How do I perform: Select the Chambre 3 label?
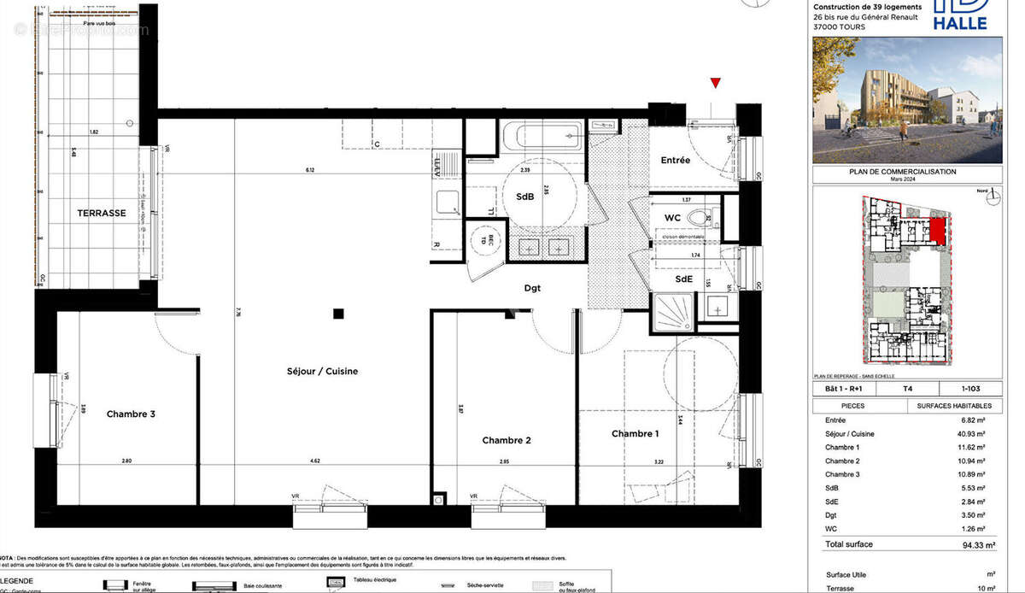tap(131, 414)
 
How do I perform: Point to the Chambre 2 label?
tap(507, 440)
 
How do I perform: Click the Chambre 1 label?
tap(635, 434)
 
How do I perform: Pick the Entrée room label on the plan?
tap(675, 160)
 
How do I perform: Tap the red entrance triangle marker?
tap(716, 83)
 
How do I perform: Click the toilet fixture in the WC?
tap(700, 216)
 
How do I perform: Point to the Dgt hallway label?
tap(533, 288)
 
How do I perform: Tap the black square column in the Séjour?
tap(339, 313)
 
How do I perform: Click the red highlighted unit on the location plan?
tap(937, 230)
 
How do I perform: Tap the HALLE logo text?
tap(959, 23)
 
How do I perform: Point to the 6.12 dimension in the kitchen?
tap(310, 170)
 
